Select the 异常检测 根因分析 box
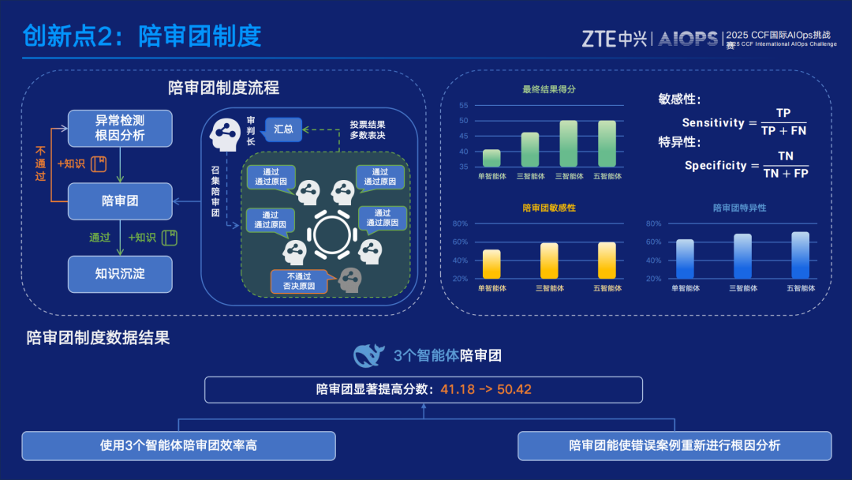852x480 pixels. [120, 128]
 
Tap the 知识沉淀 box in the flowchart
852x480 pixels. [120, 273]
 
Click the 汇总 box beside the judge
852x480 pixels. [283, 128]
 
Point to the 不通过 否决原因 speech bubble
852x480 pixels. [300, 281]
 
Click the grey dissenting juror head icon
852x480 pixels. [349, 279]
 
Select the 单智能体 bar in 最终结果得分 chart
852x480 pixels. [491, 159]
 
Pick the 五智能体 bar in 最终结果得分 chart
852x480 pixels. [607, 144]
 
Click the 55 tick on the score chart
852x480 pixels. [464, 106]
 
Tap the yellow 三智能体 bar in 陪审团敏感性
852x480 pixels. [549, 261]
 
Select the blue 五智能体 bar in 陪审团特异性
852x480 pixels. [800, 255]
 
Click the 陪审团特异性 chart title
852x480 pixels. [739, 208]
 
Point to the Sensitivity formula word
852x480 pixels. [713, 123]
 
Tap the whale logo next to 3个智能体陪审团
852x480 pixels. [370, 355]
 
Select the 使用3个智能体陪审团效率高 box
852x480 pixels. [178, 445]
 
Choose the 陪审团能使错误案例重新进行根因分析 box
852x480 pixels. [674, 445]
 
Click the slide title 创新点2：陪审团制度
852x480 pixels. [142, 36]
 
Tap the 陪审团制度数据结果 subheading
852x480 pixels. [98, 338]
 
